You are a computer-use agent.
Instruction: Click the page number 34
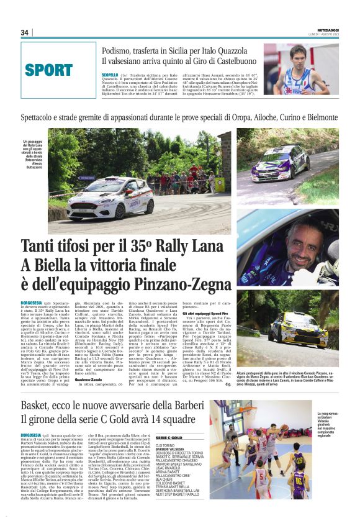point(25,32)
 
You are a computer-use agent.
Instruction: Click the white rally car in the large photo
point(110,198)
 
